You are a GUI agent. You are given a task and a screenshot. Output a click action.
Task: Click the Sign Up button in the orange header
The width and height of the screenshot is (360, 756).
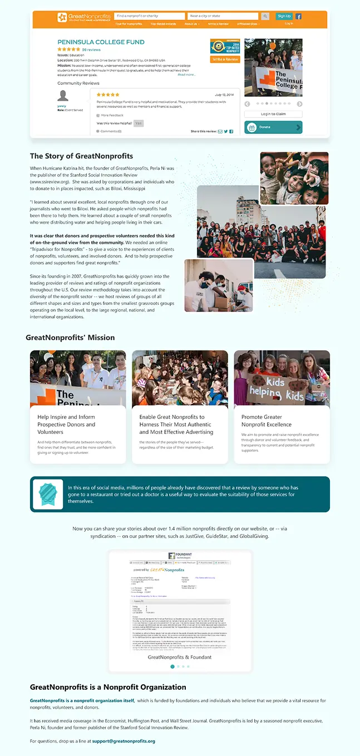pyautogui.click(x=284, y=16)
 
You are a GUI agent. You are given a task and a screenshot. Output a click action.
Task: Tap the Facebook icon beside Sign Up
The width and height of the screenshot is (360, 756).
pyautogui.click(x=299, y=17)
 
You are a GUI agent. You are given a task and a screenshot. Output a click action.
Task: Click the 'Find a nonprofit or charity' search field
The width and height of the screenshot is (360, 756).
pyautogui.click(x=150, y=16)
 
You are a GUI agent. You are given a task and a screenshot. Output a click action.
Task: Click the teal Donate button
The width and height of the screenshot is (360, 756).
pyautogui.click(x=273, y=127)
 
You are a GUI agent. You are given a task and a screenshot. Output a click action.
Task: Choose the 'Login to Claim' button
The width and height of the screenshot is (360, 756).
pyautogui.click(x=273, y=114)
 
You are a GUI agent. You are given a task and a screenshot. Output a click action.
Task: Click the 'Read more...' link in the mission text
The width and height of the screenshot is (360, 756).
pyautogui.click(x=186, y=75)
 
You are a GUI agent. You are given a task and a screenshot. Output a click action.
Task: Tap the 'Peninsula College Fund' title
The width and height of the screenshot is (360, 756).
pyautogui.click(x=101, y=42)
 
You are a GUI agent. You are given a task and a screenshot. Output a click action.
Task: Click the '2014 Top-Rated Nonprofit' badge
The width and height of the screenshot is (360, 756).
pyautogui.click(x=225, y=46)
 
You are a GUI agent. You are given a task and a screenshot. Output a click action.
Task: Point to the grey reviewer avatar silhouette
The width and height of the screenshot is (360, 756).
pyautogui.click(x=63, y=96)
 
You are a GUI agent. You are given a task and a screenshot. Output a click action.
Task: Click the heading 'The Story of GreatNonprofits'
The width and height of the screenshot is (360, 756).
pyautogui.click(x=81, y=156)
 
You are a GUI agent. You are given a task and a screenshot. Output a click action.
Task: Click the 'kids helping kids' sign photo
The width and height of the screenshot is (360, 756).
pyautogui.click(x=282, y=378)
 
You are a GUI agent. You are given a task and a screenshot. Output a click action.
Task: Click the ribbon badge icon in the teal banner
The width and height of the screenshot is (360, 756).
pyautogui.click(x=48, y=494)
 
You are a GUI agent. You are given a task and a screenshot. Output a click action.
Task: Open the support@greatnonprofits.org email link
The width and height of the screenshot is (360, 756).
pyautogui.click(x=124, y=741)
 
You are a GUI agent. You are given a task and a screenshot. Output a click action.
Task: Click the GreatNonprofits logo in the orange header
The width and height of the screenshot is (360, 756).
pyautogui.click(x=83, y=17)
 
